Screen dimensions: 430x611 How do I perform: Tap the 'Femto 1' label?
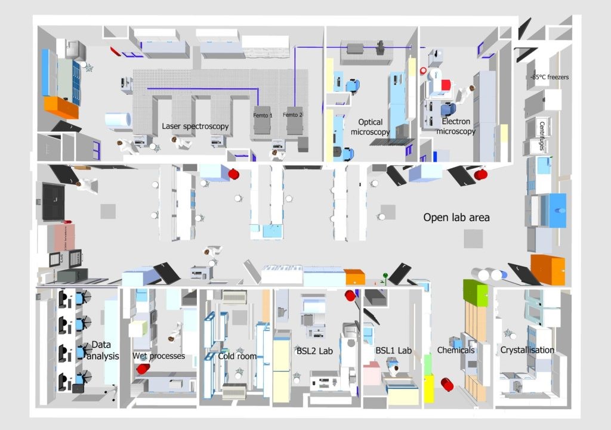(261, 115)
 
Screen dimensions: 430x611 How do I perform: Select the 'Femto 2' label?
(293, 115)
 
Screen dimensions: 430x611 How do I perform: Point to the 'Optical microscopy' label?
(370, 127)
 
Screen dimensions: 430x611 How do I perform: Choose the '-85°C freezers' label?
(550, 77)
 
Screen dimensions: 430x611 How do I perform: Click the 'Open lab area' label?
(456, 218)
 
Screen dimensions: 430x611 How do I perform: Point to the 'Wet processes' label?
(159, 356)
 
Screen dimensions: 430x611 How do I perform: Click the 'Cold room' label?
(237, 356)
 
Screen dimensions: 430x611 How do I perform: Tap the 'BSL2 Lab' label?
(314, 351)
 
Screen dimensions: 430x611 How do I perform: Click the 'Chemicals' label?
(456, 350)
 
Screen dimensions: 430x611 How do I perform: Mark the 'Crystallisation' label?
(527, 350)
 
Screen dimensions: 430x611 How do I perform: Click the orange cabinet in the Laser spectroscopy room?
(61, 107)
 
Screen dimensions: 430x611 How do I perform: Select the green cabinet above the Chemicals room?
(475, 293)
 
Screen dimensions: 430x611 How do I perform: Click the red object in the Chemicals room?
(447, 385)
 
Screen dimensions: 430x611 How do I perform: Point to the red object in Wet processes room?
(143, 369)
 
